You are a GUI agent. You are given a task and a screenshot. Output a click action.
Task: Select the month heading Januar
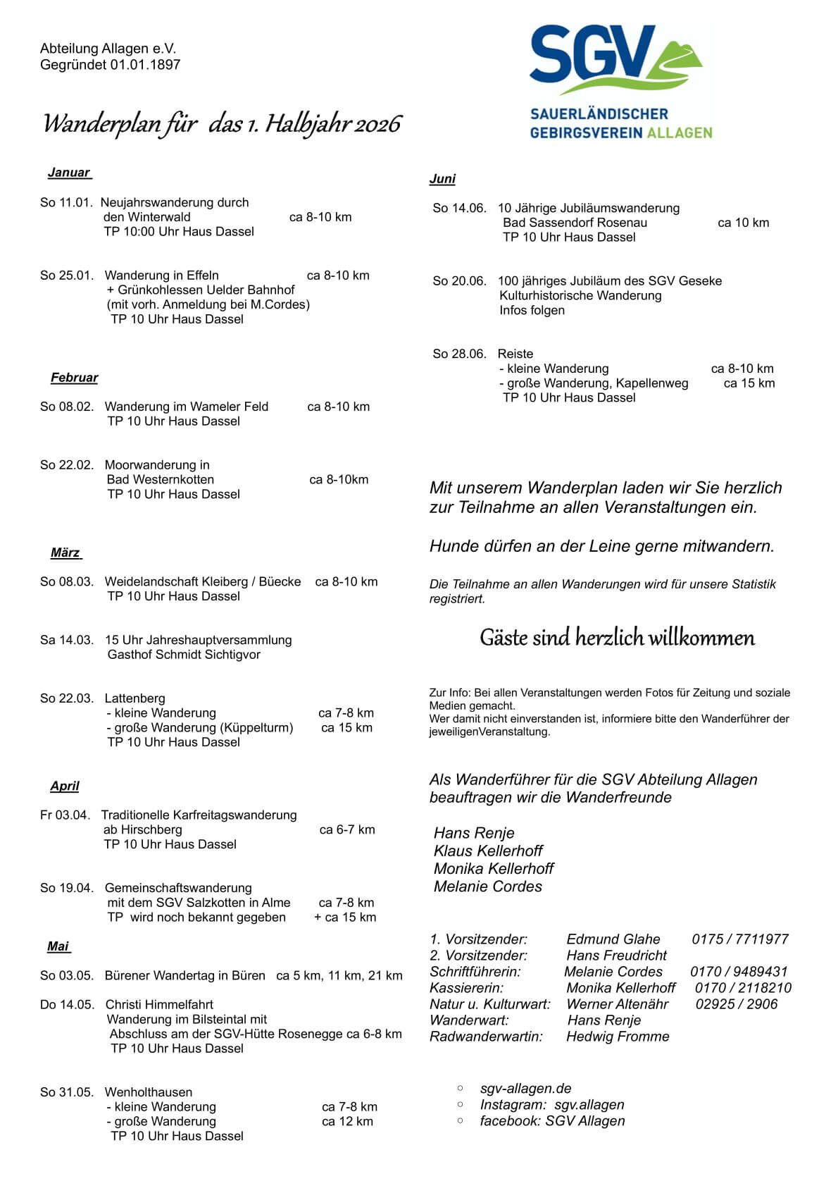coord(69,173)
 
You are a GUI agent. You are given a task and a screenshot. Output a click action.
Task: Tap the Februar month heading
coord(74,378)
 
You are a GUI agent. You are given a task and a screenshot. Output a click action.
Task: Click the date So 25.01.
coord(66,276)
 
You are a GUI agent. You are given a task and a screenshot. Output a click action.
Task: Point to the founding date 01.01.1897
coord(145,65)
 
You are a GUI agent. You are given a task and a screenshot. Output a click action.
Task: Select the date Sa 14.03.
coord(66,640)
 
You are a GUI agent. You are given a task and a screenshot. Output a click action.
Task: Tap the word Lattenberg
coord(135,698)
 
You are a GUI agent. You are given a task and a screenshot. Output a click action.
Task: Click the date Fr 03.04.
coord(65,815)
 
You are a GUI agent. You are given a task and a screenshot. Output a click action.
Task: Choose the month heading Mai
coord(58,946)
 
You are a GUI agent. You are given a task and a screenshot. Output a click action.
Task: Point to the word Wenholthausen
coord(148,1092)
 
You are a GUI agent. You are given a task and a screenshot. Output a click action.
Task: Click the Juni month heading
coord(442,179)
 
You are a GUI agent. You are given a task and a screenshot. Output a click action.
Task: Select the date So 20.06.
coord(459,281)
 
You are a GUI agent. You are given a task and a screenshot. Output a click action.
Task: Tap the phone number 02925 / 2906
coord(736,1004)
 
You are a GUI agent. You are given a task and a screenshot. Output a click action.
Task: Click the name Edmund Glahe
coord(613,939)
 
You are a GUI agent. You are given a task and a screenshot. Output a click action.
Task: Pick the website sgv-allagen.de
coord(525,1089)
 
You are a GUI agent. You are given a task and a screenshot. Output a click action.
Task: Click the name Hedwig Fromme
coord(618,1037)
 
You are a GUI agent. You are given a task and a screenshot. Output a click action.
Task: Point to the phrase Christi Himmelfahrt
coord(159,1005)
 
